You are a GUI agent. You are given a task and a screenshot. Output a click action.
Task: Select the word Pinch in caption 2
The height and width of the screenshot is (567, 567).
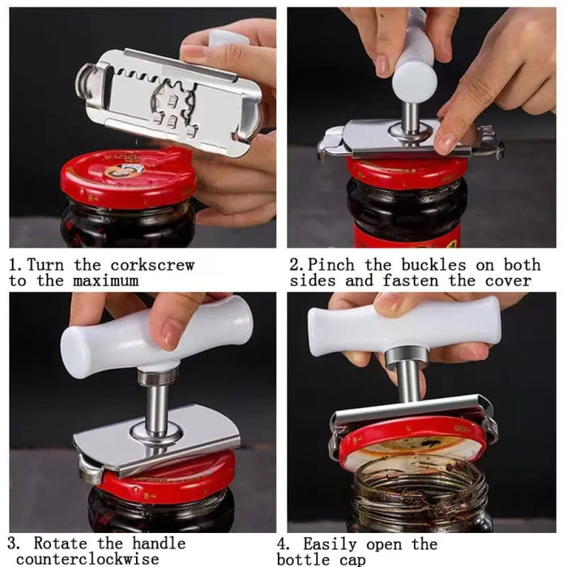coord(334,265)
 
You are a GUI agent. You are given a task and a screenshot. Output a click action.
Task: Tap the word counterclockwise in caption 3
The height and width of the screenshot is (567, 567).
coord(87,559)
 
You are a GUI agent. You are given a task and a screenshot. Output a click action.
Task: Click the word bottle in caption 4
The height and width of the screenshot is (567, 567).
coord(305,559)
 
